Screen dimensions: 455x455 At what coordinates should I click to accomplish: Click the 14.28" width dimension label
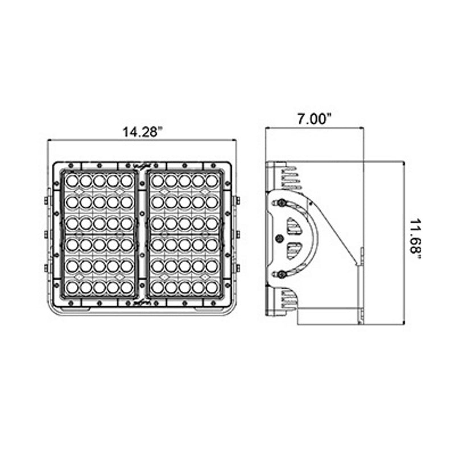(x=142, y=132)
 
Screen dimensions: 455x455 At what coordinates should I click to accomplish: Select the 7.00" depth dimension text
(x=315, y=119)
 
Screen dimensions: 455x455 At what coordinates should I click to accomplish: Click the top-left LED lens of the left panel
(x=72, y=181)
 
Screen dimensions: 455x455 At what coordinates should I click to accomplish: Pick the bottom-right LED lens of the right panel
(x=212, y=288)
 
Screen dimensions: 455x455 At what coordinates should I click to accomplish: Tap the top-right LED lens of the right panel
(x=212, y=181)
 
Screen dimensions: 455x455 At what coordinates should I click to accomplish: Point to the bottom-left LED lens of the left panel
(x=72, y=288)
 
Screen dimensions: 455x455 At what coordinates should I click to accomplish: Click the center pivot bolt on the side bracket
(x=279, y=238)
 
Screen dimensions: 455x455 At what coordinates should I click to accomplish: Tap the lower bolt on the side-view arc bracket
(x=281, y=275)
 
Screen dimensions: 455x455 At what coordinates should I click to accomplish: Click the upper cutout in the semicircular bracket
(x=295, y=226)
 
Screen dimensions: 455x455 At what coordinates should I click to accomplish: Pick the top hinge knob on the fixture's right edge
(x=238, y=200)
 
